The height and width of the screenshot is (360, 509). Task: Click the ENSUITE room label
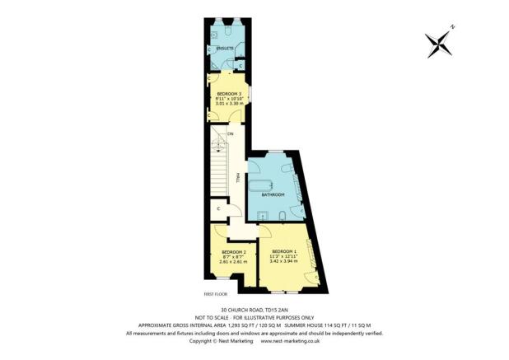(226, 49)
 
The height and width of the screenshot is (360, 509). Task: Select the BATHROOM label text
(273, 194)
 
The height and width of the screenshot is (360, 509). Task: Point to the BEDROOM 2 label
(233, 252)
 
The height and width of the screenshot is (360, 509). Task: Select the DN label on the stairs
(231, 133)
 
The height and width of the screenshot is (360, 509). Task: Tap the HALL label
(237, 177)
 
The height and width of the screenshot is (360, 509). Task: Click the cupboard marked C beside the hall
(217, 208)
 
